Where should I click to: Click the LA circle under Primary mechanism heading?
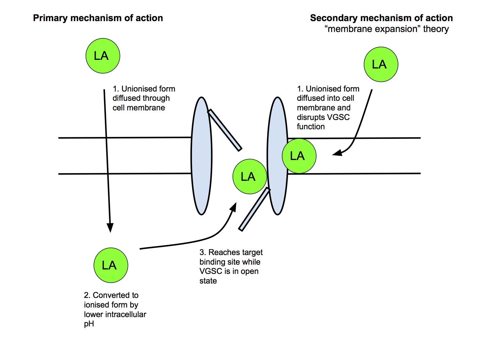[103, 56]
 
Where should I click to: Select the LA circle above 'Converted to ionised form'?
[111, 265]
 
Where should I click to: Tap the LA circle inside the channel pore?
[249, 176]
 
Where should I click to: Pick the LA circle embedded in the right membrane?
[299, 156]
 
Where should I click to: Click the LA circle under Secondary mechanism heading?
[381, 64]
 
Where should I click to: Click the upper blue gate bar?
[225, 130]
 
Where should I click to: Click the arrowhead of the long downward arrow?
[110, 228]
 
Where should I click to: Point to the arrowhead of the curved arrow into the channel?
[234, 207]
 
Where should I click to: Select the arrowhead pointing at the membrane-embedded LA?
[337, 153]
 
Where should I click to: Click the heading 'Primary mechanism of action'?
[98, 18]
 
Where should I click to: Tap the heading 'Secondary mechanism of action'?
[381, 18]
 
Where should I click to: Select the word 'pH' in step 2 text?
[89, 324]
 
